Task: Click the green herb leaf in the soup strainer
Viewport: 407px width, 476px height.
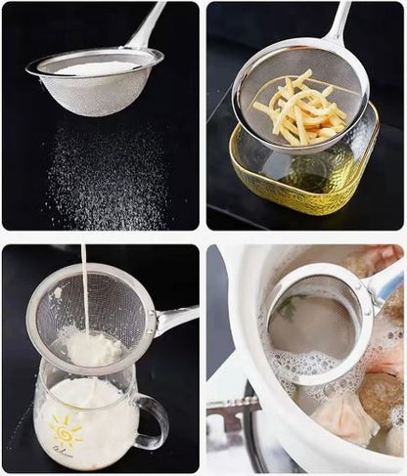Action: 286,308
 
